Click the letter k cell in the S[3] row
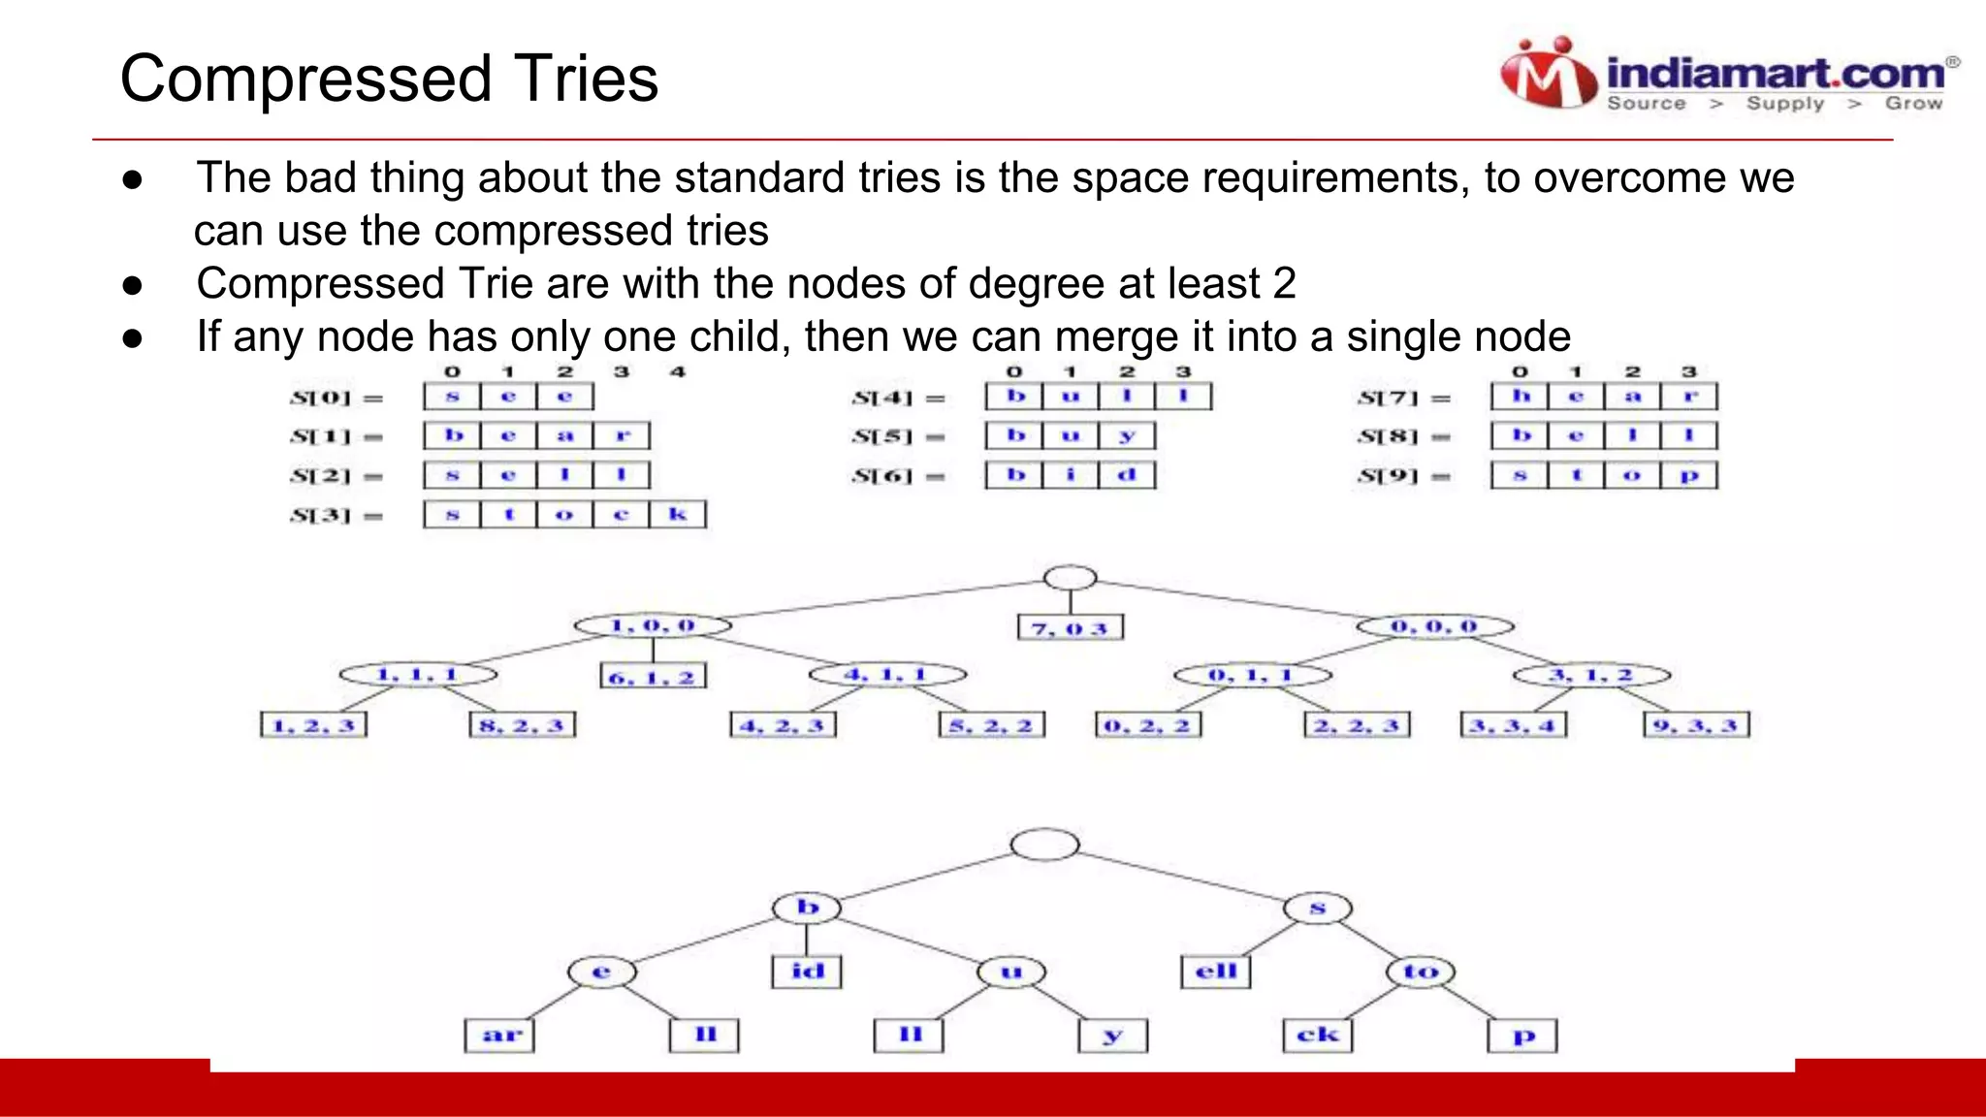[x=678, y=514]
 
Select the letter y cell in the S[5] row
[x=1127, y=435]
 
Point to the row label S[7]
[x=1389, y=398]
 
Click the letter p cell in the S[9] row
[x=1689, y=475]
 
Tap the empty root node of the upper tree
[x=1070, y=578]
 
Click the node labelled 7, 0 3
[x=1071, y=628]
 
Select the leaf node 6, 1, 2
[x=653, y=677]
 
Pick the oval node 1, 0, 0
[x=653, y=625]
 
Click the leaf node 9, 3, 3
[x=1696, y=725]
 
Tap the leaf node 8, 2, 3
[x=522, y=725]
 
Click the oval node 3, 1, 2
[x=1591, y=675]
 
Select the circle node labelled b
[x=807, y=908]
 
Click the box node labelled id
[x=807, y=972]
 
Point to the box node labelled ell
[x=1216, y=972]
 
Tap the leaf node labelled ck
[x=1317, y=1036]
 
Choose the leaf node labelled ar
[x=499, y=1036]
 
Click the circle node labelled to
[x=1421, y=972]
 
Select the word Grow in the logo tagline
[x=1913, y=104]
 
